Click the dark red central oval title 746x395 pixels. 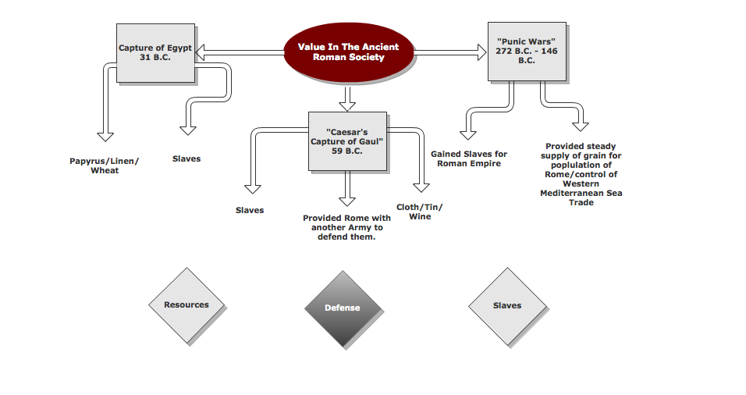[x=347, y=52]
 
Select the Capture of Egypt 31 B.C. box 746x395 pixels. [x=155, y=52]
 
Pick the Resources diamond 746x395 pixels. [x=186, y=305]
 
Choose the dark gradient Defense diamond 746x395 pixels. [x=343, y=308]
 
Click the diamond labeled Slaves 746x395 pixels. [x=506, y=305]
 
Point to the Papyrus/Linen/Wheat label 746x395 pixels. [x=104, y=165]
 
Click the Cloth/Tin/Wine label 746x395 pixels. [x=419, y=212]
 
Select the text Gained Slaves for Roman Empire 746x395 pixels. [x=468, y=159]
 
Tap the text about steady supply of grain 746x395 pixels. [x=581, y=174]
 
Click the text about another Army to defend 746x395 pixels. [x=346, y=227]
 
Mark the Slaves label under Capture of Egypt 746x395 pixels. [x=186, y=159]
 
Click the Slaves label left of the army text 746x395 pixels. [x=250, y=210]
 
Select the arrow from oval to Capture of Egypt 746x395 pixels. [x=238, y=52]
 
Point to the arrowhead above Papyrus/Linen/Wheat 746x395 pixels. [x=105, y=133]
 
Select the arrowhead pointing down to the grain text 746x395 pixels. [x=580, y=124]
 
